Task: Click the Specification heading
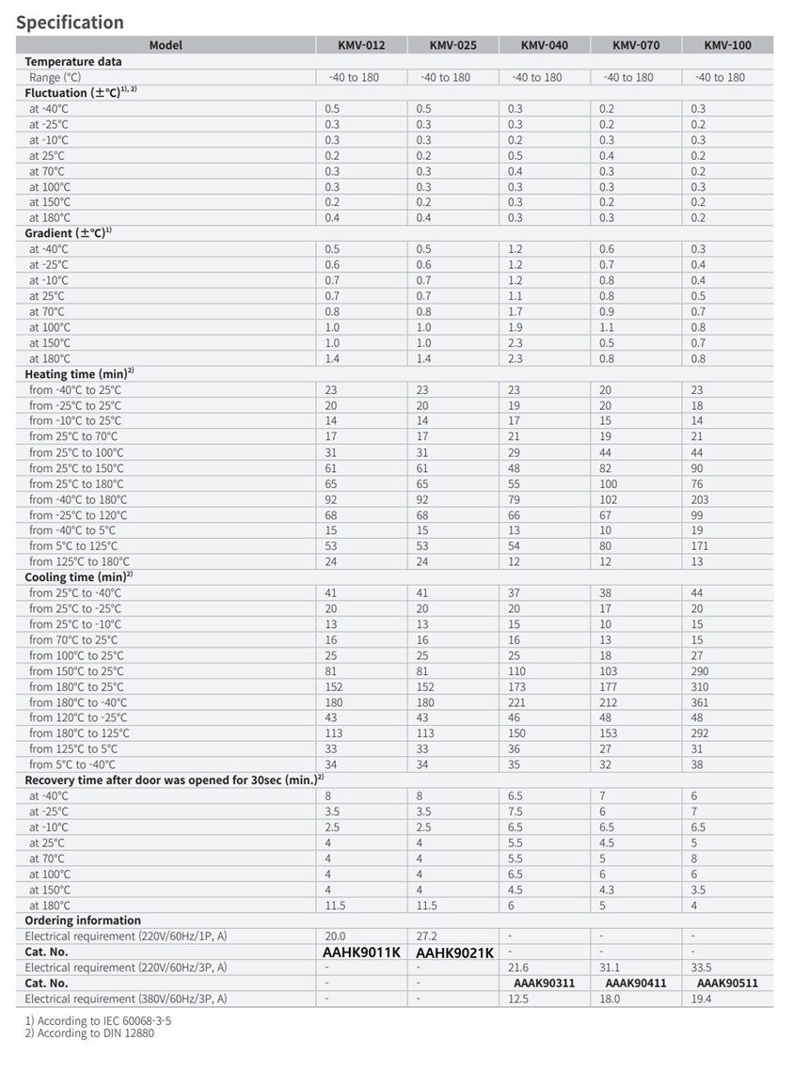(70, 22)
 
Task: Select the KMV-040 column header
(545, 45)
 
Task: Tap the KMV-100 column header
(727, 45)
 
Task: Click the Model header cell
(166, 45)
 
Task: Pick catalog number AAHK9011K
(361, 953)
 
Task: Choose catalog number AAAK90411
(636, 984)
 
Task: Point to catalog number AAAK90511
(727, 984)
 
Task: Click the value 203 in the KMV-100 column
(700, 499)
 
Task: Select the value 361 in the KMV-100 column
(700, 702)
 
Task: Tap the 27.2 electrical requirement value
(426, 937)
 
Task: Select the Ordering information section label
(83, 921)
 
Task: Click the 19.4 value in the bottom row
(701, 999)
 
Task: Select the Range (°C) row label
(56, 77)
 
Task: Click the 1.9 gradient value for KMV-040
(515, 327)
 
